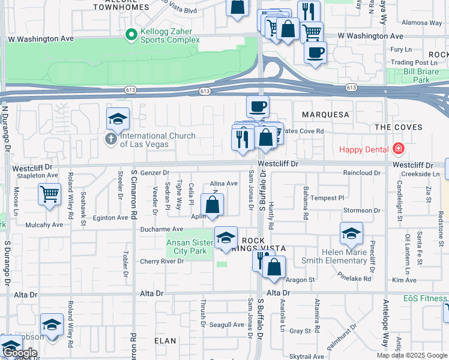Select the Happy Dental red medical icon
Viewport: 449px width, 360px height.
point(397,149)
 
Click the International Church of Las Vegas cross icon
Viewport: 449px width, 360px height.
point(110,139)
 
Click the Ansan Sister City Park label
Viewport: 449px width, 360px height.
point(189,247)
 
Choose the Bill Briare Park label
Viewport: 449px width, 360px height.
point(417,75)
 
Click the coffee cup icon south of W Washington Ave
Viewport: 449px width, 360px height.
point(315,52)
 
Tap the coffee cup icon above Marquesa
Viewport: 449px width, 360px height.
point(258,107)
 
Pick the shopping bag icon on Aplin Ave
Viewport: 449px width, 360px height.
point(212,205)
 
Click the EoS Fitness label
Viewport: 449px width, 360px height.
point(425,298)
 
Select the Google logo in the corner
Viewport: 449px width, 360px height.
point(20,353)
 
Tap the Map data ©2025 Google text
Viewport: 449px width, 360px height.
point(412,355)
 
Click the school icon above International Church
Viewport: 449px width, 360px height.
point(118,119)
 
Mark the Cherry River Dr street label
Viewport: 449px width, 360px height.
point(161,261)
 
